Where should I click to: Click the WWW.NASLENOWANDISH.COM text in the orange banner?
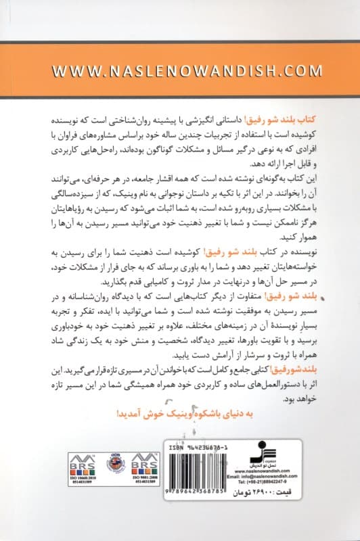point(180,70)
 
